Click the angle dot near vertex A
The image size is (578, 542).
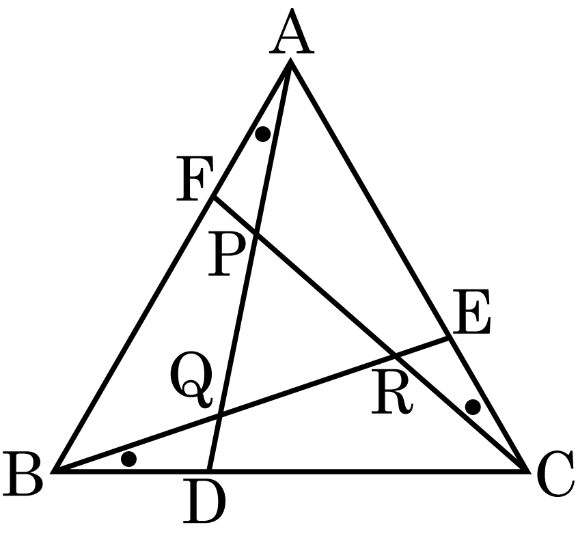262,134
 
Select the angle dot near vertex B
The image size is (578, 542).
128,459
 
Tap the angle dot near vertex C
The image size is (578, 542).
472,408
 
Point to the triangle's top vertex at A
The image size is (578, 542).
291,62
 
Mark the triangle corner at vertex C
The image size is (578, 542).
526,470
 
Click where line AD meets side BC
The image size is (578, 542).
208,470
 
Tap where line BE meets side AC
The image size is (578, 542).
450,337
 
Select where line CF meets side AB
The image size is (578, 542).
214,198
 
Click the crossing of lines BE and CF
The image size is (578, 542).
395,355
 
